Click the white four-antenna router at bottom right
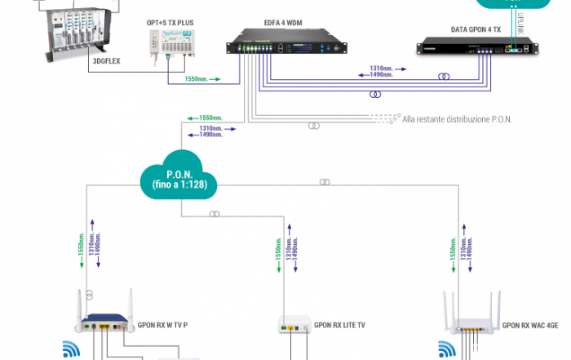point(471,322)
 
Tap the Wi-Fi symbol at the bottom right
point(447,352)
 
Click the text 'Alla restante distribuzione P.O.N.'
point(458,120)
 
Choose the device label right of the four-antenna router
point(530,324)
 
